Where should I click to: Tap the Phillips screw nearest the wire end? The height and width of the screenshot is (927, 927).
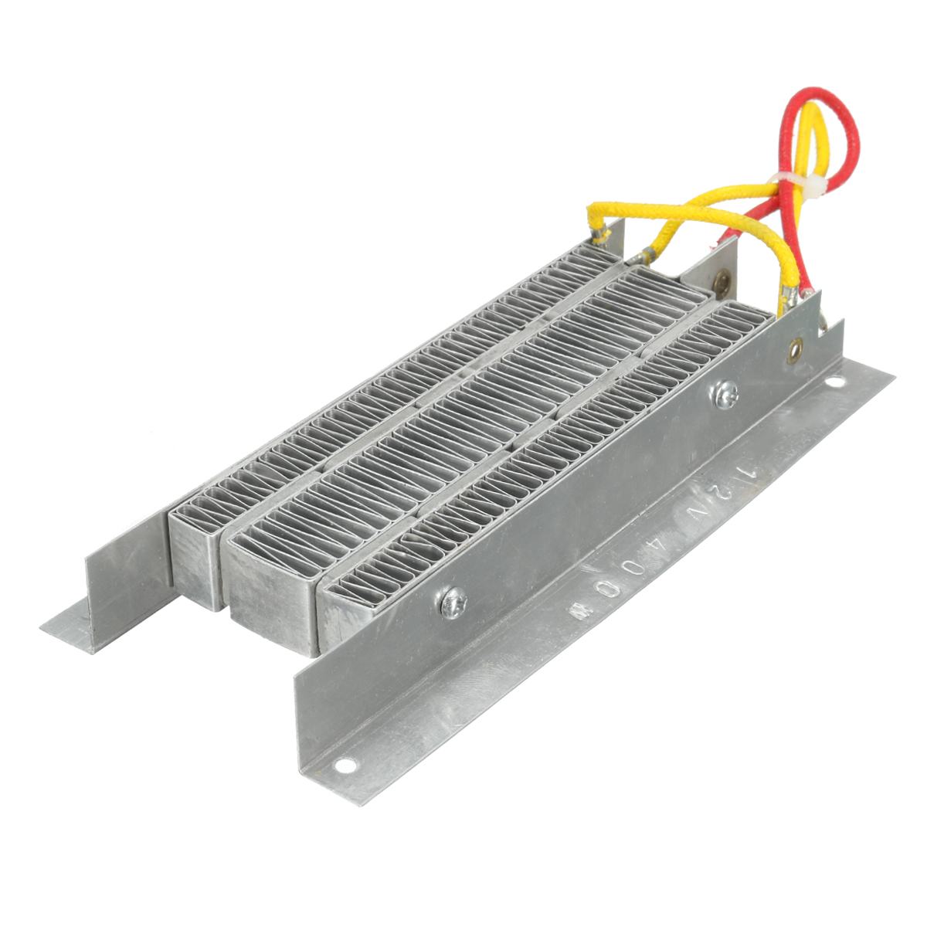pos(725,393)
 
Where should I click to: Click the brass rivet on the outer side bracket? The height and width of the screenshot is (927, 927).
pos(793,353)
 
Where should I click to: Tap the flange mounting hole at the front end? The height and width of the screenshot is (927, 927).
pos(345,766)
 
